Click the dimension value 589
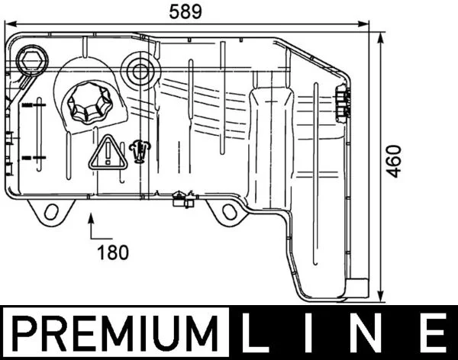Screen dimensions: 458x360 pyautogui.click(x=185, y=12)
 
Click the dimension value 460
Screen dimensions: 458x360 pyautogui.click(x=395, y=161)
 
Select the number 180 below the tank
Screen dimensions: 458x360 pyautogui.click(x=113, y=252)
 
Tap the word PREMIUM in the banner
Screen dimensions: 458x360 pyautogui.click(x=115, y=333)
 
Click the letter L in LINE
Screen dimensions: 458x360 pyautogui.click(x=253, y=333)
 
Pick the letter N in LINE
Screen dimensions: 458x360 pyautogui.click(x=364, y=333)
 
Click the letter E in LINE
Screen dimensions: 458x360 pyautogui.click(x=433, y=333)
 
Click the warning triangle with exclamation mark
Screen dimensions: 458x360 pyautogui.click(x=108, y=153)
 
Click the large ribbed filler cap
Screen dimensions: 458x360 pyautogui.click(x=89, y=102)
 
